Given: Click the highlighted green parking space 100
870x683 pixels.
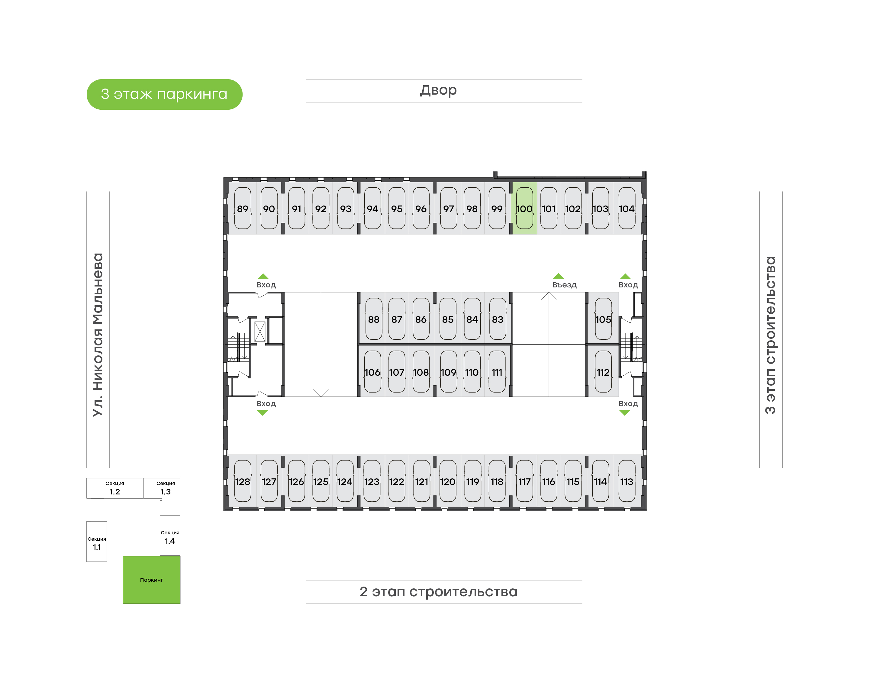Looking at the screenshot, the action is coord(524,208).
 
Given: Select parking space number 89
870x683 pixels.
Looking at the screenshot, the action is coord(243,208).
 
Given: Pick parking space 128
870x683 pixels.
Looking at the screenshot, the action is coord(243,481).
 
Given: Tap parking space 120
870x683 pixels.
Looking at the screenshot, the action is coord(448,481).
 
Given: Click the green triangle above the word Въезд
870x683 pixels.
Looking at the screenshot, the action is coord(558,276).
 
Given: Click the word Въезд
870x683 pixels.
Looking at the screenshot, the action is coord(564,285).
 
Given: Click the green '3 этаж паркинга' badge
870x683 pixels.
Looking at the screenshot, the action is coord(165,94).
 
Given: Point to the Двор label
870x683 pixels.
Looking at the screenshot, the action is coord(438,90).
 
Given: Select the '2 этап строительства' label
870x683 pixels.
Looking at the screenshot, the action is coord(438,591).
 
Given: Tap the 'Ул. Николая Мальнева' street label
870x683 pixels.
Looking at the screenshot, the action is coord(98,335).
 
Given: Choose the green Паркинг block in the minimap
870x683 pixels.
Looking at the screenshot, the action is coord(151,580).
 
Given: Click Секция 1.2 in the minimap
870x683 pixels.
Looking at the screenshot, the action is coord(115,488).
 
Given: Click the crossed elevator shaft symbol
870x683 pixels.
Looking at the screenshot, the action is coord(260,332).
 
